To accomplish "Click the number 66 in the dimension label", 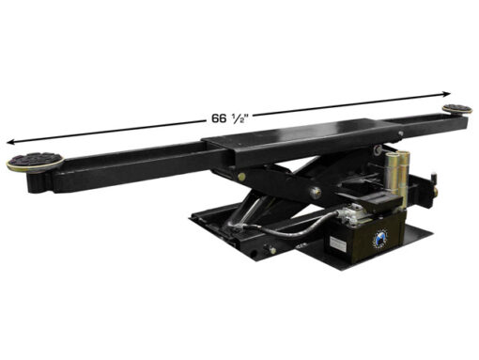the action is pyautogui.click(x=219, y=118).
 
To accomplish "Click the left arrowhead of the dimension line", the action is pyautogui.click(x=11, y=142).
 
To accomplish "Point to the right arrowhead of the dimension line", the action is pyautogui.click(x=446, y=93).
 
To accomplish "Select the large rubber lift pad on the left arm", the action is pyautogui.click(x=36, y=161).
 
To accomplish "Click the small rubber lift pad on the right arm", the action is pyautogui.click(x=457, y=109).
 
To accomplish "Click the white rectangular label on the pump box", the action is pyautogui.click(x=338, y=244).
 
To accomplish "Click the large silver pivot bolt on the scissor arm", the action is pyautogui.click(x=315, y=192).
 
